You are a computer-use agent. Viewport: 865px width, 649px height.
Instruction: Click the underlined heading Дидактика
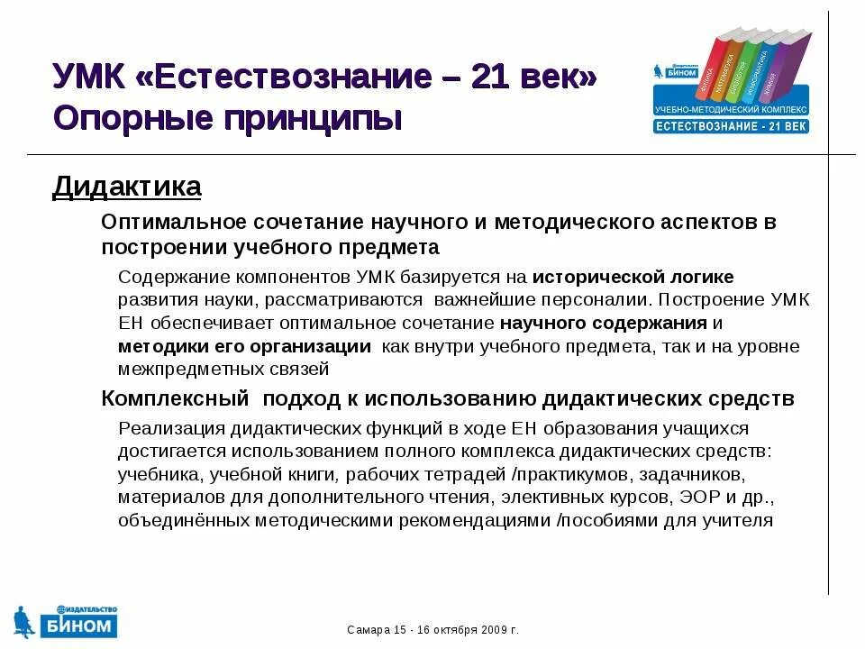(x=127, y=187)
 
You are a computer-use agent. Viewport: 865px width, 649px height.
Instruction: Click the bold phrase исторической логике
(x=633, y=277)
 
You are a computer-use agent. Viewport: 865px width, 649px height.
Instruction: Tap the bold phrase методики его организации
(x=244, y=346)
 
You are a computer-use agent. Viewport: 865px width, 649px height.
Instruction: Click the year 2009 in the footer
(x=491, y=629)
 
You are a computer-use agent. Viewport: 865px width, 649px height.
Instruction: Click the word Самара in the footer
(x=368, y=629)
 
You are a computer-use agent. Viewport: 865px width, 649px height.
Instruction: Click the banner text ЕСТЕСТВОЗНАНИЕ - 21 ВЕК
(x=731, y=126)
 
